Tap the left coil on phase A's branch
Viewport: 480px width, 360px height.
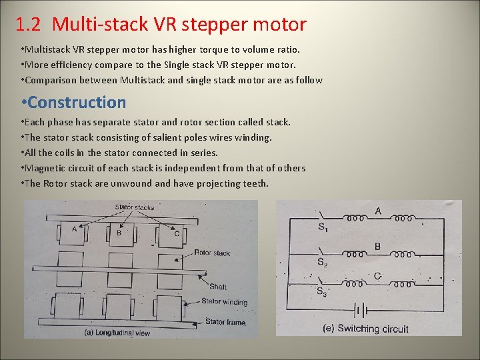click(354, 217)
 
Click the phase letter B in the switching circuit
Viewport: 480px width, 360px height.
click(377, 247)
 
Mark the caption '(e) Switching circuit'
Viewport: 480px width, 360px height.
click(365, 328)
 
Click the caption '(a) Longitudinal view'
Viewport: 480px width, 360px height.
click(117, 332)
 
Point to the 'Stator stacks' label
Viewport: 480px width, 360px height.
click(134, 207)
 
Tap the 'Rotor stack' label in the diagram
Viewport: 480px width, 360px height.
click(212, 253)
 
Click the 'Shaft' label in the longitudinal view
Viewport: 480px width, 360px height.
click(218, 287)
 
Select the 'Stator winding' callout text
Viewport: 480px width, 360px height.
click(224, 302)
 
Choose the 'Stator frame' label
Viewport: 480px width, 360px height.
click(225, 322)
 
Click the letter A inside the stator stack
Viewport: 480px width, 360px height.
click(74, 229)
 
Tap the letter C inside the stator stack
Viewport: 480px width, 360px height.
click(176, 233)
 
